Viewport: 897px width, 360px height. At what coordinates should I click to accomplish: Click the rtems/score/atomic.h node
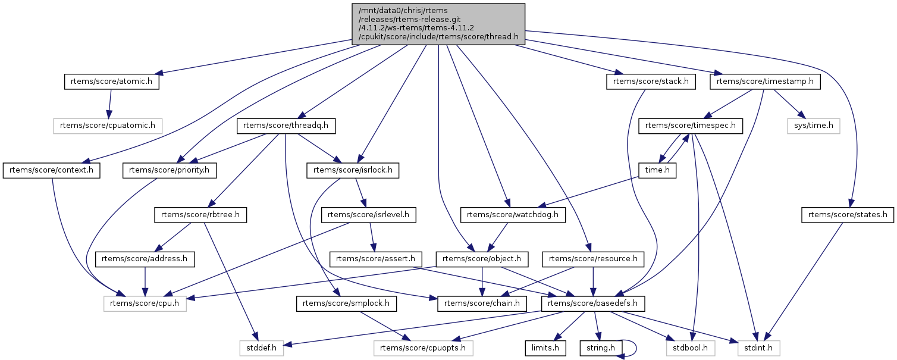click(112, 82)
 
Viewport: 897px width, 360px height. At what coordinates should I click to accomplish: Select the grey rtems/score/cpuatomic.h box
click(108, 126)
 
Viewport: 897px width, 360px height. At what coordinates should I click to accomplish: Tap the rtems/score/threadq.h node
click(287, 126)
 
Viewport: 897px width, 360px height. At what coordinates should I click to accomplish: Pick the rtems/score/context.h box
click(52, 171)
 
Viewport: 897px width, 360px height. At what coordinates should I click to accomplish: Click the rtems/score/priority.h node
click(170, 171)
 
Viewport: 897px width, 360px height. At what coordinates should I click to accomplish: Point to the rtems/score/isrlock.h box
click(353, 171)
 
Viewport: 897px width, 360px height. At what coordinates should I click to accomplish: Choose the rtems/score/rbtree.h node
click(200, 215)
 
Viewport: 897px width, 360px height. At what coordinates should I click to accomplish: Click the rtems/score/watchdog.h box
click(513, 215)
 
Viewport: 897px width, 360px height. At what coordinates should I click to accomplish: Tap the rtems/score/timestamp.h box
click(766, 82)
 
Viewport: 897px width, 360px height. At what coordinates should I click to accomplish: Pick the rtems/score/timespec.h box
click(691, 126)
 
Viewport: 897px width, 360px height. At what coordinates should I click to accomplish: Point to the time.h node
click(658, 171)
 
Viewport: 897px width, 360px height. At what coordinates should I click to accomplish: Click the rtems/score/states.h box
click(848, 215)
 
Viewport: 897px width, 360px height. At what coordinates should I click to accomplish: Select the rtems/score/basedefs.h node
click(592, 304)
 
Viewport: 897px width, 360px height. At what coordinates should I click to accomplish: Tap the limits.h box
click(544, 347)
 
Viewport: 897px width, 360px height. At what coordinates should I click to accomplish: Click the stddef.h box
click(261, 347)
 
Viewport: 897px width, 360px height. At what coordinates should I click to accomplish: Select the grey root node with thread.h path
click(438, 24)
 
